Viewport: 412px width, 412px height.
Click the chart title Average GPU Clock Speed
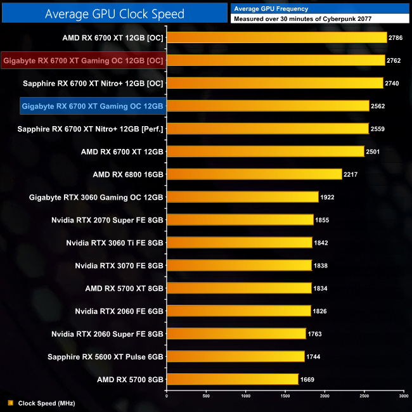point(115,13)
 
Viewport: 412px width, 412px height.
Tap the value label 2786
point(397,37)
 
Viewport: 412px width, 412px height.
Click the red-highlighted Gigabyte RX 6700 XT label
point(84,60)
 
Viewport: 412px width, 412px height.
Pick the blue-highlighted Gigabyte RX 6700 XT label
point(93,106)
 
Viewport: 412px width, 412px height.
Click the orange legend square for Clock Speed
point(10,402)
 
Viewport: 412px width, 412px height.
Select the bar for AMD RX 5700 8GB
point(232,380)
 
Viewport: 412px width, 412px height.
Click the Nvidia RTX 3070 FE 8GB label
point(119,266)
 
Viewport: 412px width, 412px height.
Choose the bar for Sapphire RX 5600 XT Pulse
point(235,357)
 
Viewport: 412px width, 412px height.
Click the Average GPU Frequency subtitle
point(271,8)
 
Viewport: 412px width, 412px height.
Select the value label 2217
point(352,174)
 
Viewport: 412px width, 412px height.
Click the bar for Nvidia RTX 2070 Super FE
point(240,220)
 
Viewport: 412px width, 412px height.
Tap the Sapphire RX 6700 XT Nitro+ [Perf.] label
point(93,129)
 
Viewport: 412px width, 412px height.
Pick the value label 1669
point(308,380)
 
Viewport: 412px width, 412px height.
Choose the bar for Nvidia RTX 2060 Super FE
point(236,334)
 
